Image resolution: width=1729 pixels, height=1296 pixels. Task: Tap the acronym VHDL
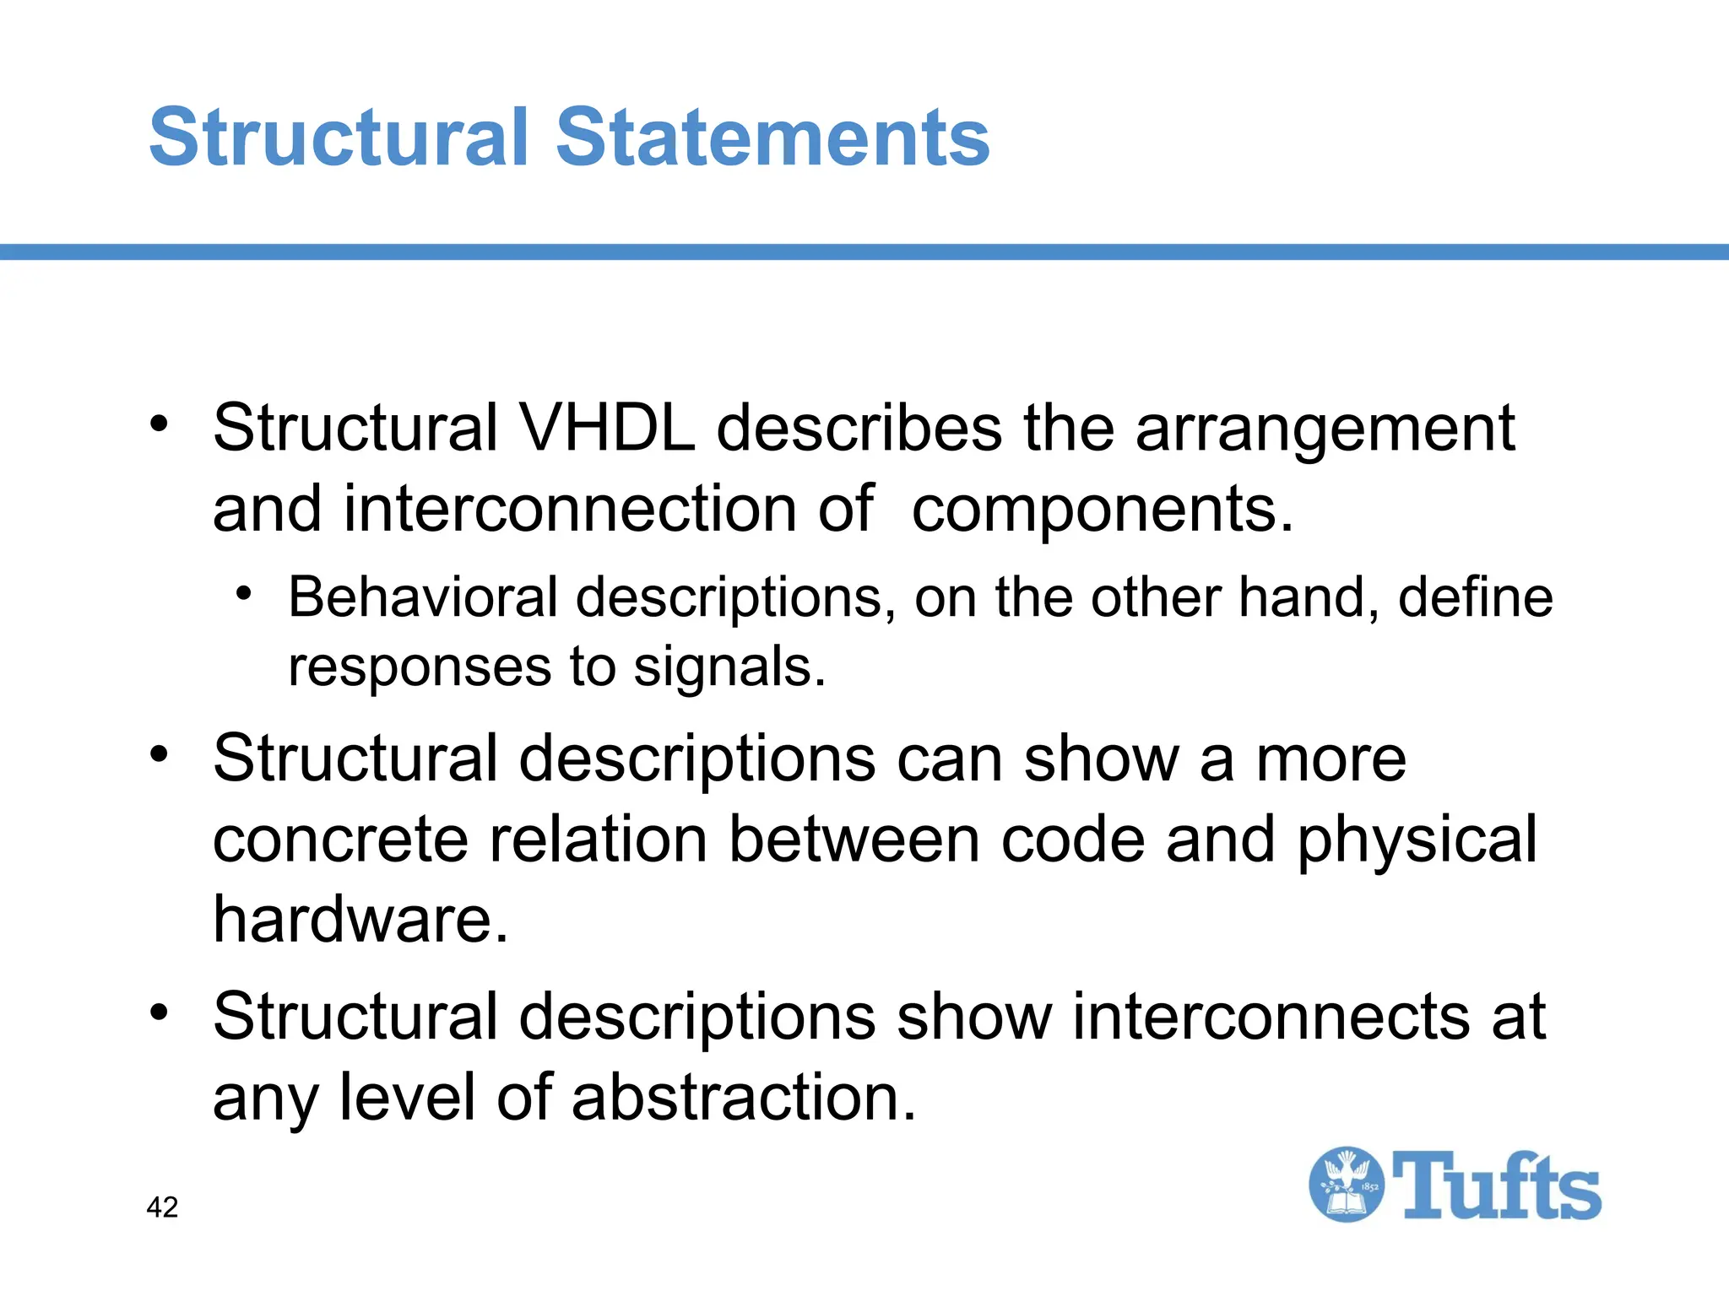[x=607, y=429]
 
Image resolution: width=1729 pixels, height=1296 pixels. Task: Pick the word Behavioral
[x=423, y=597]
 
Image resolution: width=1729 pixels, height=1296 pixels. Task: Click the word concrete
[x=340, y=840]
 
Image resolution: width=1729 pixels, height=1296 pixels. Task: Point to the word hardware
[x=360, y=919]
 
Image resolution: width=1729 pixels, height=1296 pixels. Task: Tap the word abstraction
[x=743, y=1098]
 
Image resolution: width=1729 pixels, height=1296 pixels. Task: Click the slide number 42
[x=162, y=1207]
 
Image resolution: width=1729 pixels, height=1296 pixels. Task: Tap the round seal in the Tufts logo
[x=1346, y=1185]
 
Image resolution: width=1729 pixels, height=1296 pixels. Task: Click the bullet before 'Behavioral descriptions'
[x=244, y=595]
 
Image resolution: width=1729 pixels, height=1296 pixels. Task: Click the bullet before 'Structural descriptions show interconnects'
[x=160, y=1011]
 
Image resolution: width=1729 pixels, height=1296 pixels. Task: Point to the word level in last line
[x=407, y=1098]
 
